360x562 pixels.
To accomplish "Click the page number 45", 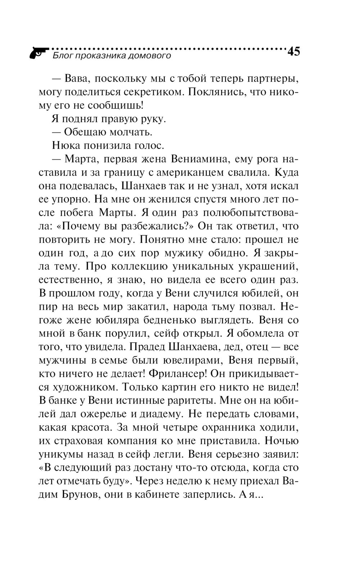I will [293, 52].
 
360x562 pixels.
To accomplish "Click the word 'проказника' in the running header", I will [98, 56].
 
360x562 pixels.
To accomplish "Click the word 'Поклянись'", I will [215, 92].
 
